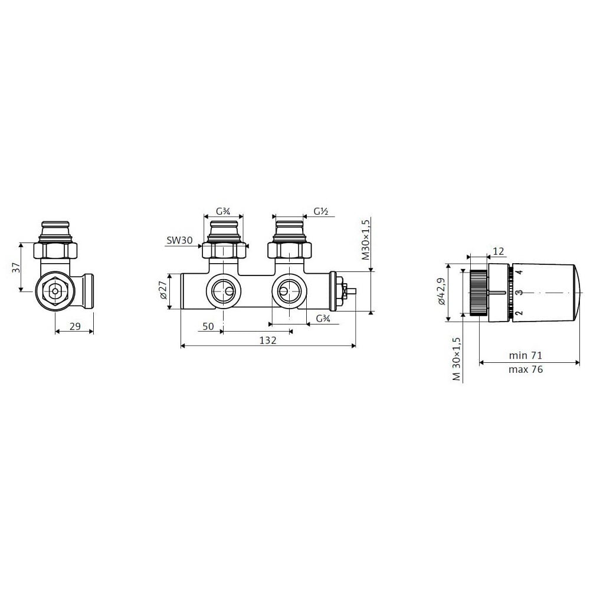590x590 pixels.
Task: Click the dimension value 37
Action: [x=16, y=267]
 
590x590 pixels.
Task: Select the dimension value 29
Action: [x=76, y=326]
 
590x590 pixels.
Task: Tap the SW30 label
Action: [x=179, y=241]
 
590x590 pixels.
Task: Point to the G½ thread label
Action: [x=322, y=211]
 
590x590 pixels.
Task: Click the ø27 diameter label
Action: [x=163, y=290]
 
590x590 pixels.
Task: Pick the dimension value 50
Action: [x=208, y=326]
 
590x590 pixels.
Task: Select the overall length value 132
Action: [x=268, y=340]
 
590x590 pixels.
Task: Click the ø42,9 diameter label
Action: [x=441, y=291]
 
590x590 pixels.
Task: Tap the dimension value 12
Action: [x=498, y=251]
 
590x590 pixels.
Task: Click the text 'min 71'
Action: [x=525, y=355]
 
